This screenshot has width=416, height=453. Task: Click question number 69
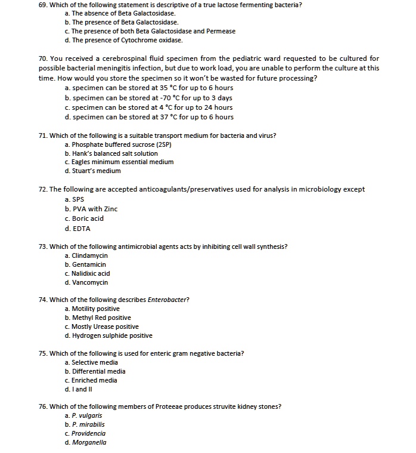43,5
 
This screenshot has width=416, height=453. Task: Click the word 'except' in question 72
353,190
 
